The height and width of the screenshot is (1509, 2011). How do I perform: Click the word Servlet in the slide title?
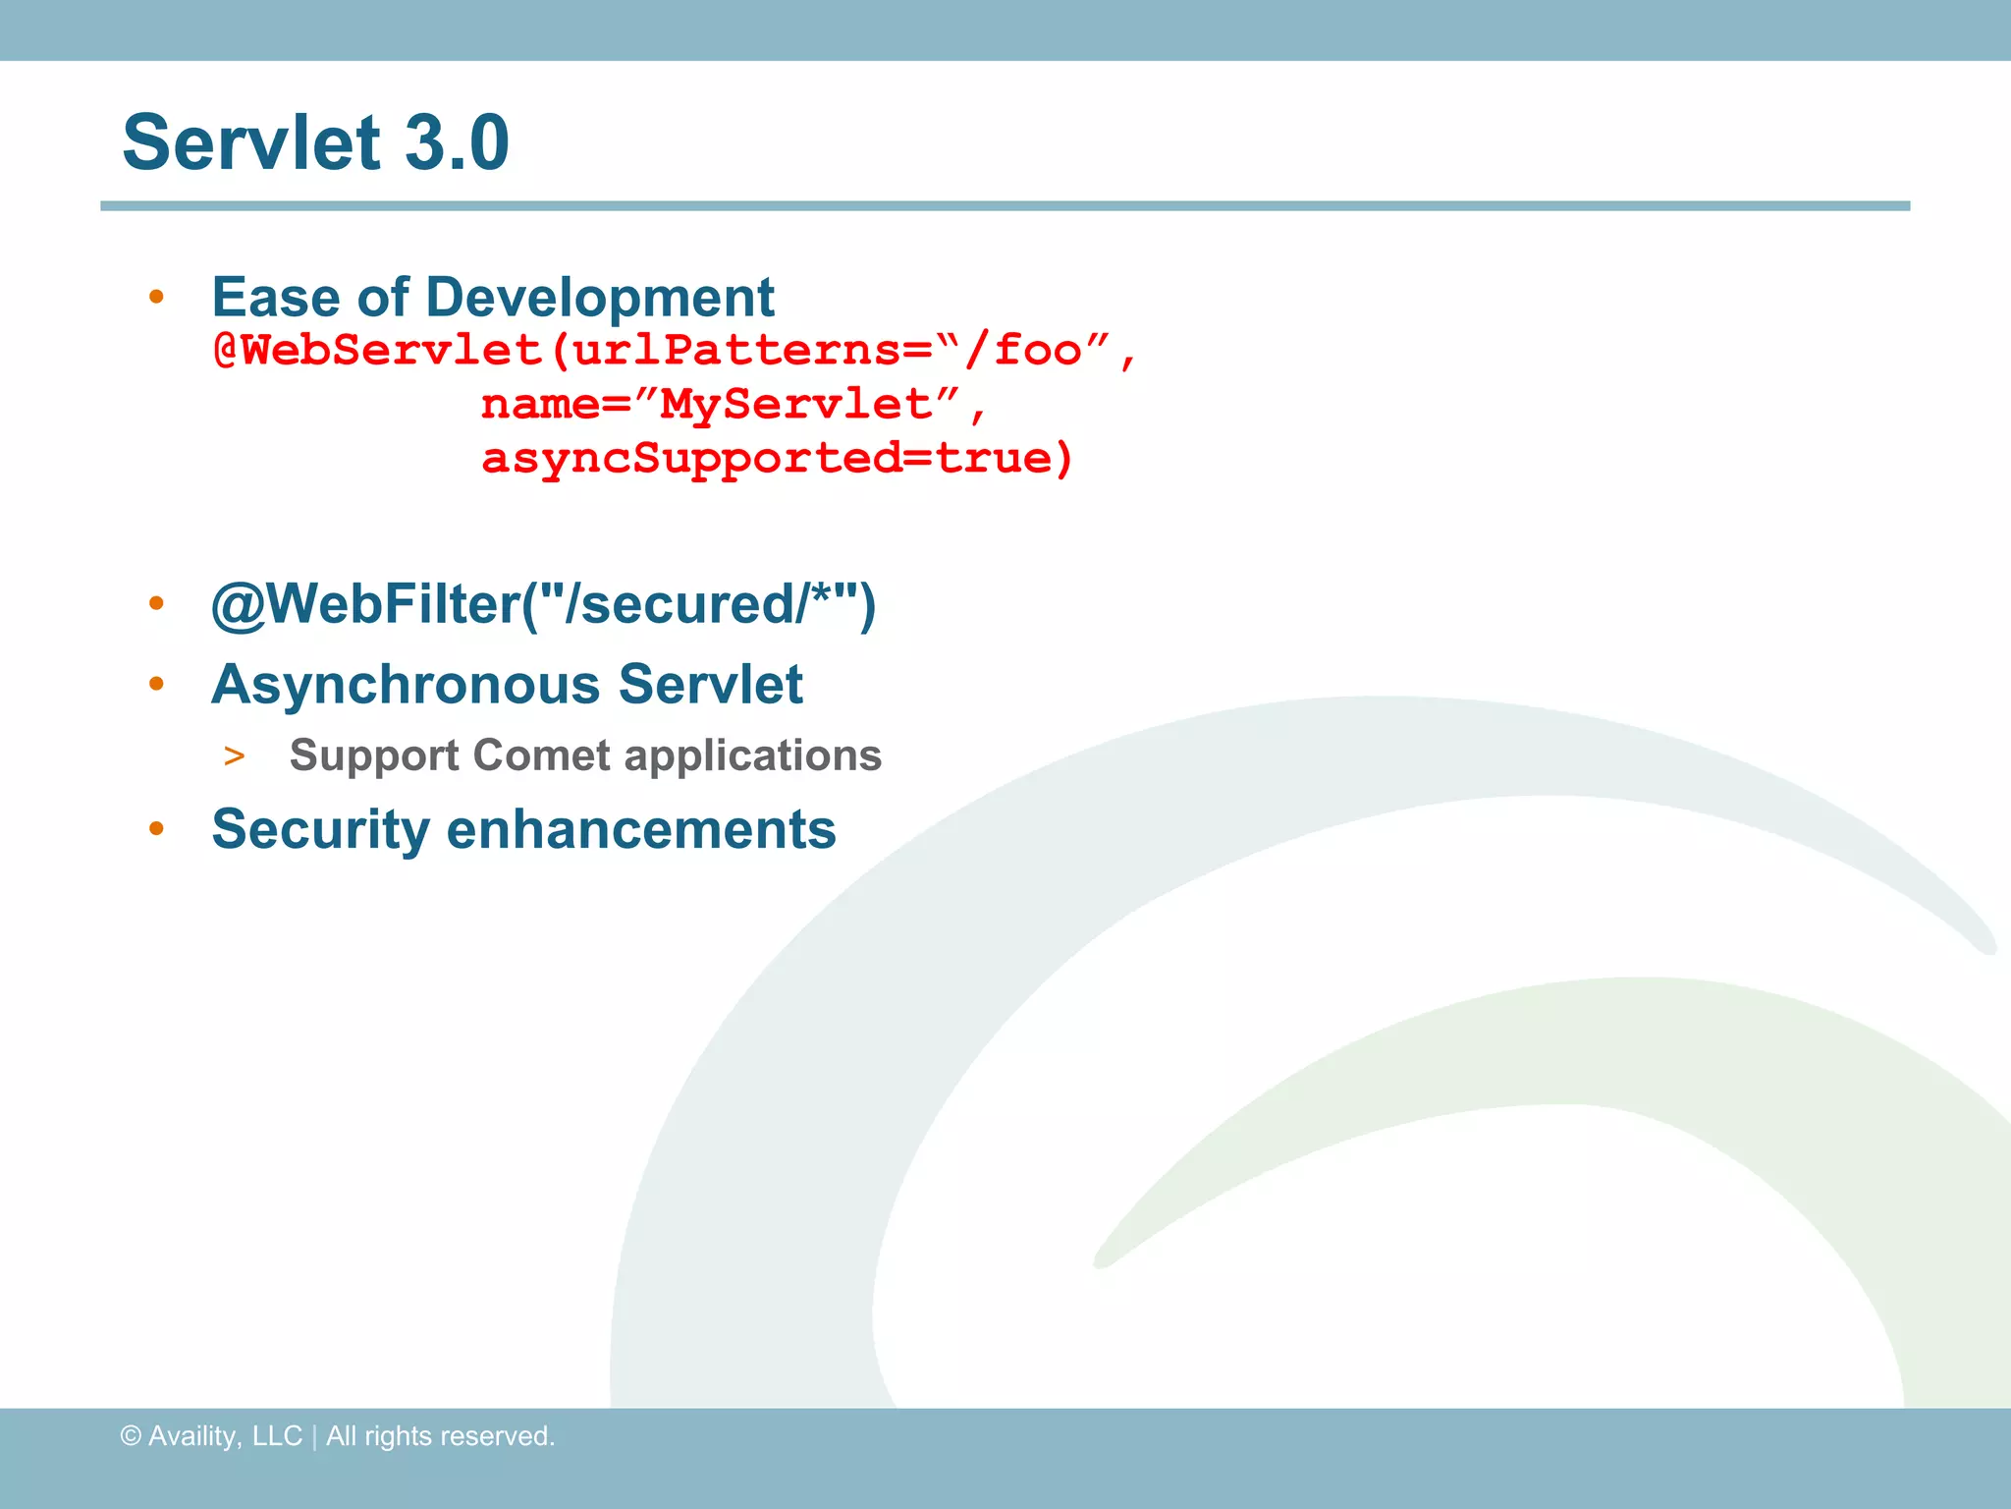pos(251,142)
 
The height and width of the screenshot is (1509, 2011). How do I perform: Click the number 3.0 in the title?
pos(457,142)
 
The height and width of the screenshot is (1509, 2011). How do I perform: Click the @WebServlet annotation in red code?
pos(378,351)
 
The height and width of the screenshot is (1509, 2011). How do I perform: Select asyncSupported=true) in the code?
pos(777,459)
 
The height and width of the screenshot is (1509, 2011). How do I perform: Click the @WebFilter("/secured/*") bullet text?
pos(543,603)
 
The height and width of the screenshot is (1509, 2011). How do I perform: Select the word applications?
pos(753,755)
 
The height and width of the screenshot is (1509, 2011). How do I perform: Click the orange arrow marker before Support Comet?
pos(234,756)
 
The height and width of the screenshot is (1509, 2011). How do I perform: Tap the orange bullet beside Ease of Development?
pos(156,297)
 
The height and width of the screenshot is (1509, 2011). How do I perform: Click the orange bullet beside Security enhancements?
pos(156,829)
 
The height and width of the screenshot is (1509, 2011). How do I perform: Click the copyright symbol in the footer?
pos(131,1436)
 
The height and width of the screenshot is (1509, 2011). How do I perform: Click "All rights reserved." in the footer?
pos(440,1436)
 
